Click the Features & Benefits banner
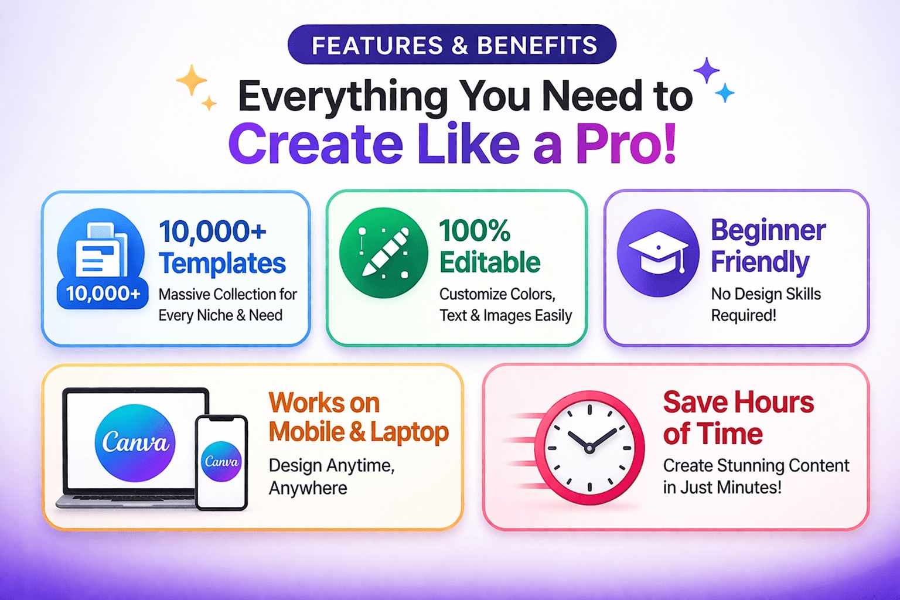452,44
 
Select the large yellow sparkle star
192,80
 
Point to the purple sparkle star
706,71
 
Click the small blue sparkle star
725,93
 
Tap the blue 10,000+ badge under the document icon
103,294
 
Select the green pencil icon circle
383,253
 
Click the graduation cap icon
658,253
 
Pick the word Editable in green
490,262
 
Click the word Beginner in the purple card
768,230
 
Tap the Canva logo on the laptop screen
135,443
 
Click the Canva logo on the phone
221,461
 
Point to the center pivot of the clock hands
589,448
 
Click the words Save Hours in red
738,402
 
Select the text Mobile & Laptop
359,432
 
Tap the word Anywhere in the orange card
308,488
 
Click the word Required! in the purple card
744,315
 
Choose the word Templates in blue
222,263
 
